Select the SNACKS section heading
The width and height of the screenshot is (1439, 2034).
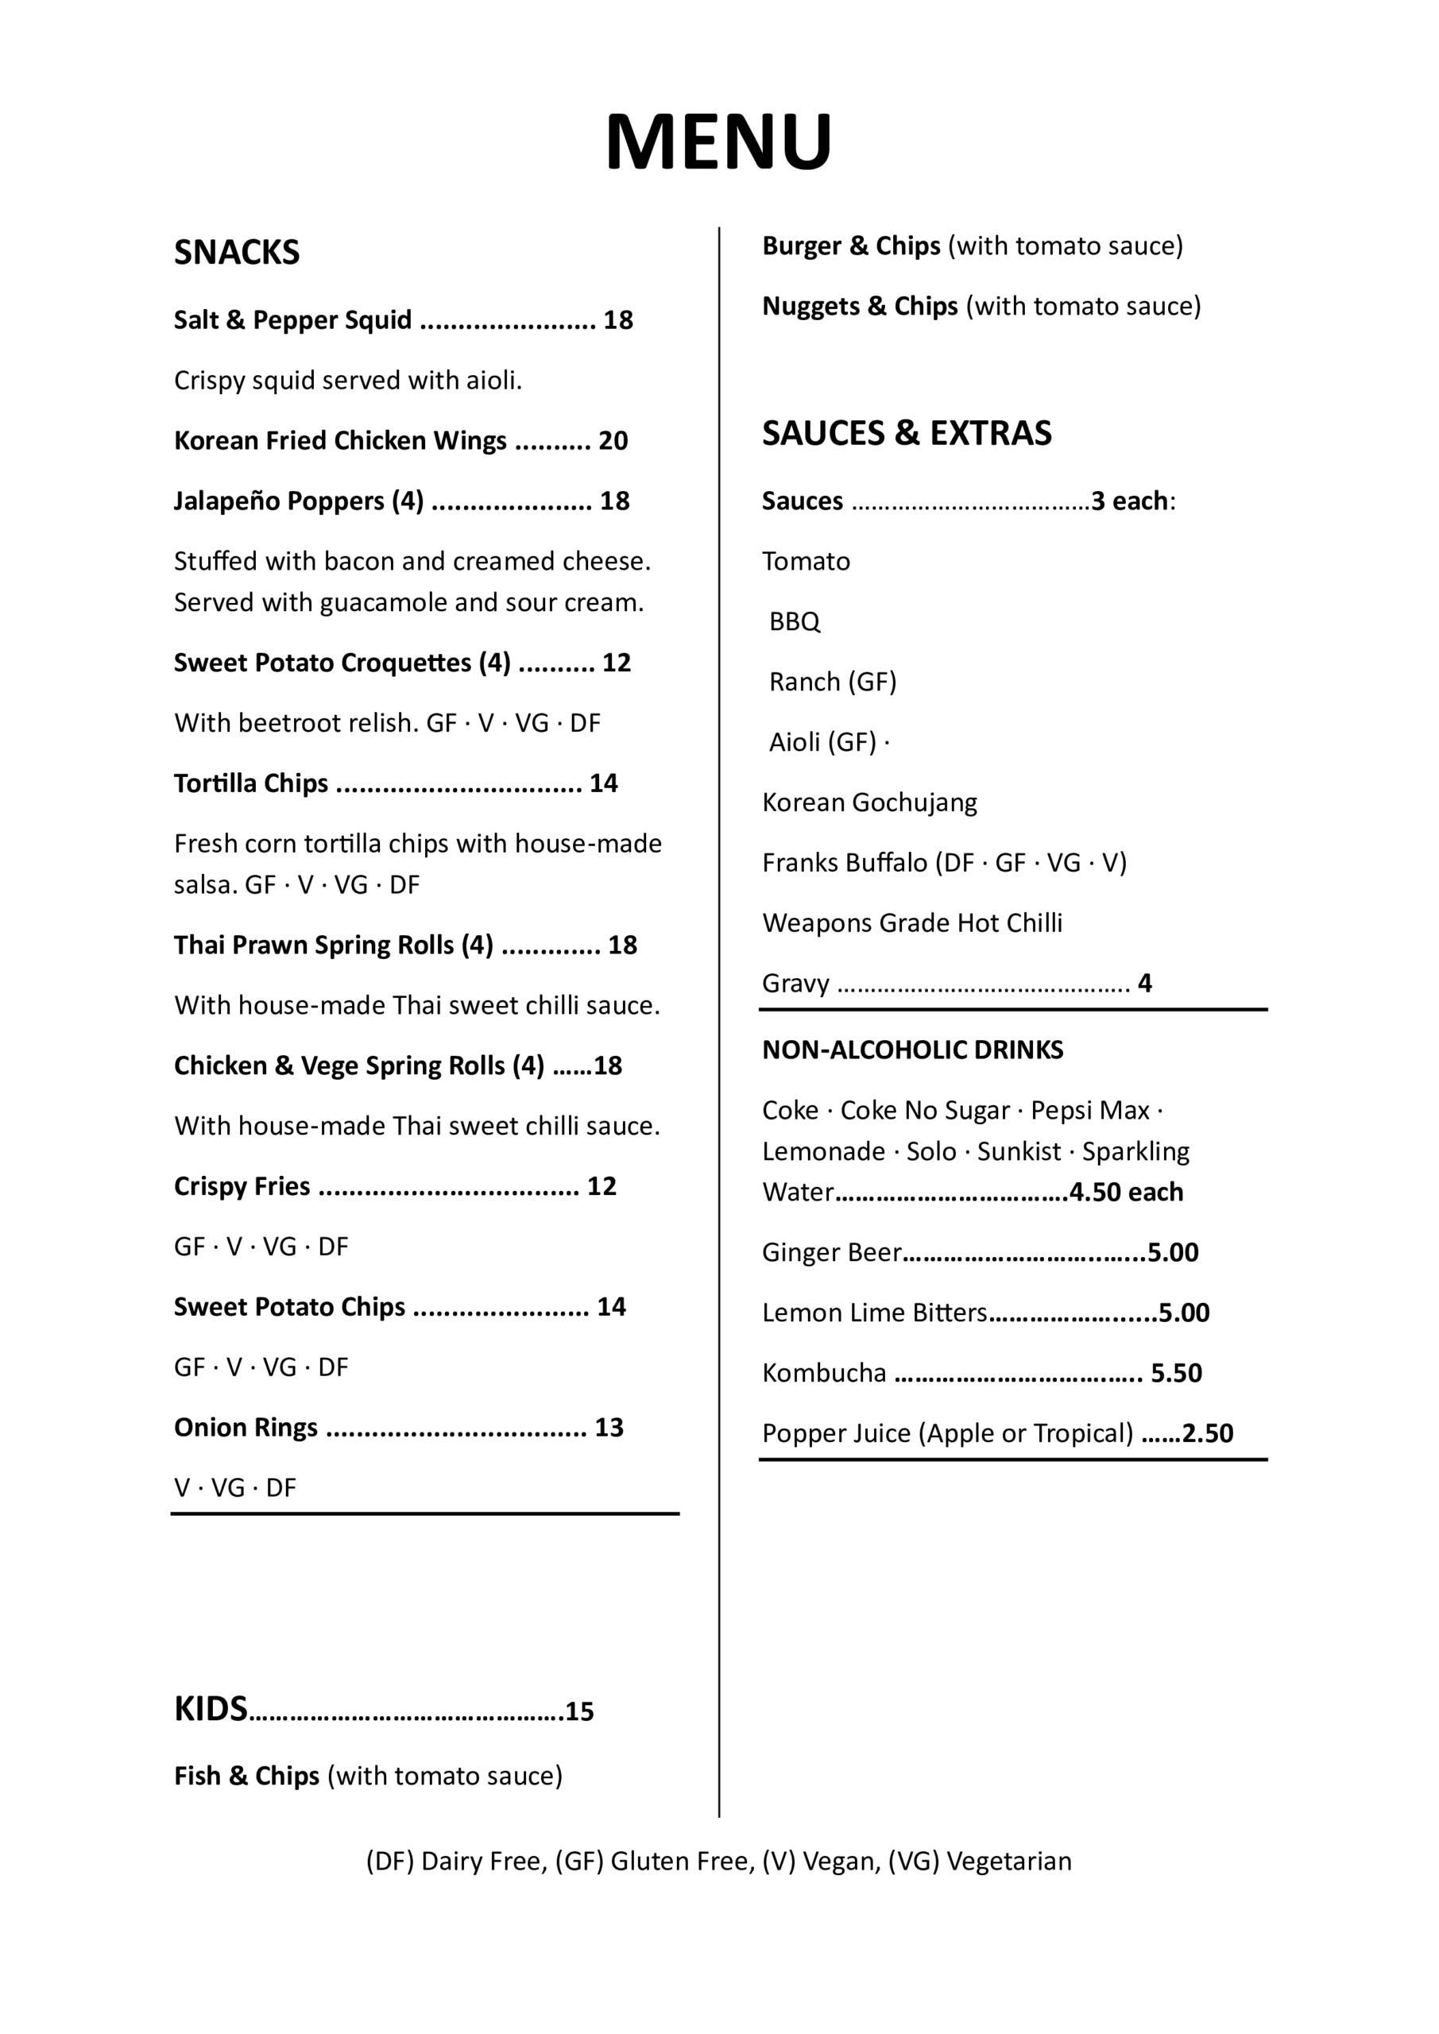click(x=237, y=253)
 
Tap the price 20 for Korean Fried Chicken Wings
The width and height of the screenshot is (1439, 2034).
click(x=613, y=440)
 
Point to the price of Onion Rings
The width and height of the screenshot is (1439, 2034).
click(x=609, y=1427)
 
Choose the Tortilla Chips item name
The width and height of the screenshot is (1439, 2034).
click(x=251, y=783)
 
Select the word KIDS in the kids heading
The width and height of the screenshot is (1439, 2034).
click(x=210, y=1709)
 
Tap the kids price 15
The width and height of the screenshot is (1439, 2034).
click(x=579, y=1711)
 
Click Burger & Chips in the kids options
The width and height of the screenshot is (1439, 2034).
click(x=851, y=246)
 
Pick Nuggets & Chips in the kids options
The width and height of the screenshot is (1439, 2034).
click(x=860, y=306)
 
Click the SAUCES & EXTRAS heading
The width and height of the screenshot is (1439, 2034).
click(x=907, y=433)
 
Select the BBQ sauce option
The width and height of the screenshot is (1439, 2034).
click(x=795, y=622)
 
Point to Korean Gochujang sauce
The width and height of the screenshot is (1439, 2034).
click(x=869, y=802)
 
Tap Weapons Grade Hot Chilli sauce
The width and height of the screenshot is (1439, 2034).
click(x=911, y=923)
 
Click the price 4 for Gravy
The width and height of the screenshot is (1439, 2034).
click(x=1145, y=984)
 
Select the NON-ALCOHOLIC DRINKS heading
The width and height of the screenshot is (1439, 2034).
click(x=913, y=1050)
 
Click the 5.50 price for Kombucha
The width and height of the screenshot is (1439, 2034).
click(x=1176, y=1373)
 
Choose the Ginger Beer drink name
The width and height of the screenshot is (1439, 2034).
click(x=831, y=1253)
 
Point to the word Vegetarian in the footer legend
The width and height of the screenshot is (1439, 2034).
click(x=1009, y=1862)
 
